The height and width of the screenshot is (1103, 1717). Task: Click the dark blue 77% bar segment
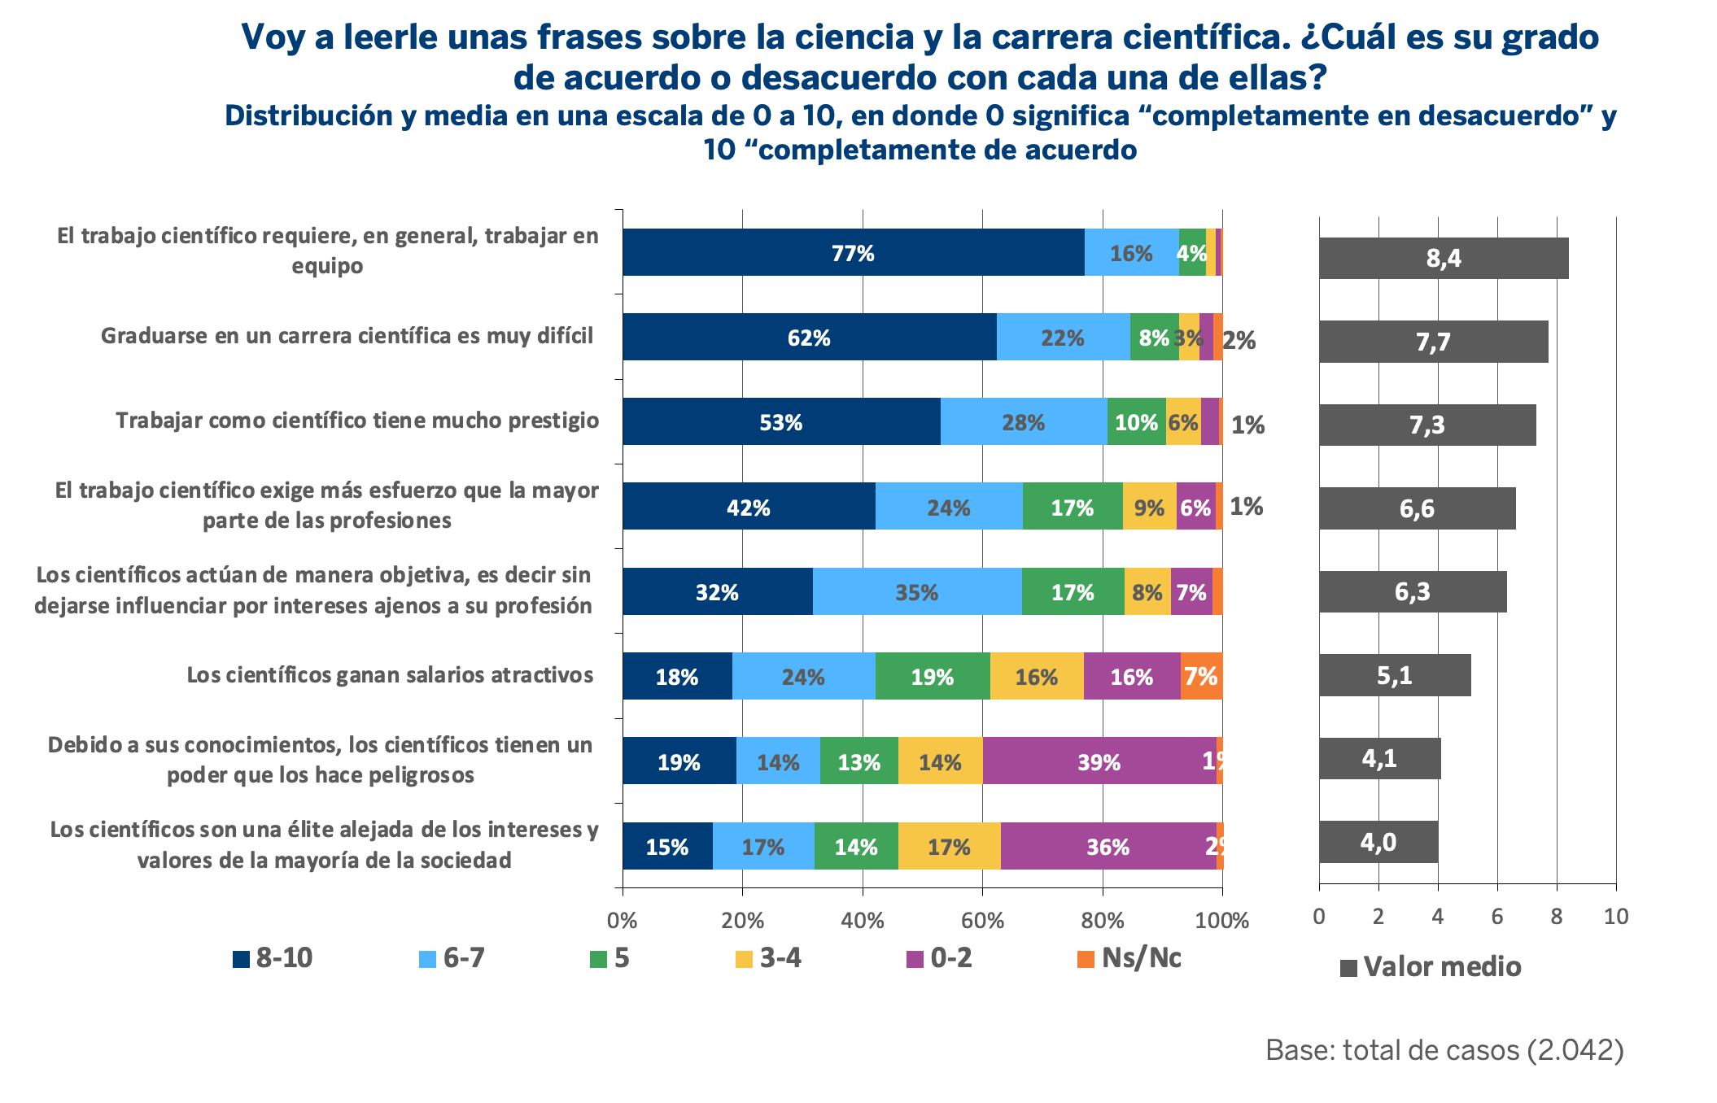(x=853, y=253)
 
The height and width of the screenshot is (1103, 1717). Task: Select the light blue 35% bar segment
(x=917, y=592)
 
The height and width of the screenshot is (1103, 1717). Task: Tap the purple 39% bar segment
(x=1099, y=761)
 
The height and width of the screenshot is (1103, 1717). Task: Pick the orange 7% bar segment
(x=1201, y=676)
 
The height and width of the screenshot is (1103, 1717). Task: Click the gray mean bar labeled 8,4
(x=1443, y=259)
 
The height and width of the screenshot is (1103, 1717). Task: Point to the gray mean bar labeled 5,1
(x=1394, y=675)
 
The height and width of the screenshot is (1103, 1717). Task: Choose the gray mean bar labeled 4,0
(x=1378, y=842)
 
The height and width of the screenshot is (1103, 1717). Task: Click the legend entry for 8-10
(x=273, y=958)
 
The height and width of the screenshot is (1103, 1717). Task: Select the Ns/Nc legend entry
(x=1129, y=958)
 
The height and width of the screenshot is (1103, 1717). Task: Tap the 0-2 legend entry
(x=940, y=958)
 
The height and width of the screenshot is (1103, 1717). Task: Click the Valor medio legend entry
(x=1431, y=967)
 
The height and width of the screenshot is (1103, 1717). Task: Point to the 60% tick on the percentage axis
(x=982, y=920)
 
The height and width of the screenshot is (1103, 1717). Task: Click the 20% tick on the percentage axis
(x=742, y=920)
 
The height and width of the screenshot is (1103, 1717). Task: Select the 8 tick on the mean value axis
(x=1556, y=917)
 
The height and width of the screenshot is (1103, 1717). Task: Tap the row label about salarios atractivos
(x=390, y=675)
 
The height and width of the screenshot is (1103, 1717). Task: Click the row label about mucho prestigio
(x=357, y=421)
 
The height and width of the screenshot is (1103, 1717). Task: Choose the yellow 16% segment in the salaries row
(x=1036, y=676)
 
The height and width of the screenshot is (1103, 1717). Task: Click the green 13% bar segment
(x=859, y=761)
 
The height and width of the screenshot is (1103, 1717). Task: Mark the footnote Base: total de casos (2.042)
(x=1444, y=1050)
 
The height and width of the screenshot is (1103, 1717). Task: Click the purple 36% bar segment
(x=1108, y=847)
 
